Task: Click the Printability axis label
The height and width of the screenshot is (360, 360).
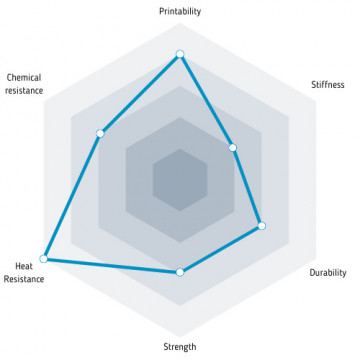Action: pos(180,11)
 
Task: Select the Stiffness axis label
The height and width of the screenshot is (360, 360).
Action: pos(328,84)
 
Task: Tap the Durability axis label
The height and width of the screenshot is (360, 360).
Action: pos(328,273)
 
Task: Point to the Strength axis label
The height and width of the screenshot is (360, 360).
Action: pos(180,347)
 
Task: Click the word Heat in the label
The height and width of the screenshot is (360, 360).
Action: pos(24,266)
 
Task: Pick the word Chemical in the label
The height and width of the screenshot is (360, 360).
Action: pos(24,78)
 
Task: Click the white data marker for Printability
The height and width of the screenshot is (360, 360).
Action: pos(180,54)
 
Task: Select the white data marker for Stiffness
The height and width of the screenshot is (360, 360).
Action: pos(233,148)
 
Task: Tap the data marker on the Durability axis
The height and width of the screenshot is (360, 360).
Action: pos(262,226)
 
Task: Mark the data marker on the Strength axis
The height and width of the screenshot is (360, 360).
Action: pos(180,272)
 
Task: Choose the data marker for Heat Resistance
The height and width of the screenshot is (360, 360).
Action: pos(43,259)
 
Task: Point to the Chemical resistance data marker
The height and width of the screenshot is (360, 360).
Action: pos(100,134)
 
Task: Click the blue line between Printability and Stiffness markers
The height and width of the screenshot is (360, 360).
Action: pos(206,101)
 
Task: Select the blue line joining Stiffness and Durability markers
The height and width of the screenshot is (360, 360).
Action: pos(247,187)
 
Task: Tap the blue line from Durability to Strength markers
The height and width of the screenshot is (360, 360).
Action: pos(221,249)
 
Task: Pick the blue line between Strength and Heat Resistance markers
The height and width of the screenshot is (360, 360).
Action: pos(112,266)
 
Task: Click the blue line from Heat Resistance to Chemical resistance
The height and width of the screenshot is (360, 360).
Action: pos(72,196)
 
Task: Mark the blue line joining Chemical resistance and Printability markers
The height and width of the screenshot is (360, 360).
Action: pos(140,94)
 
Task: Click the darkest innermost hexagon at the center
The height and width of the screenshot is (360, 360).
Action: pos(180,180)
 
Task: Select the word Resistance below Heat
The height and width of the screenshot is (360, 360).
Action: pos(24,279)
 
